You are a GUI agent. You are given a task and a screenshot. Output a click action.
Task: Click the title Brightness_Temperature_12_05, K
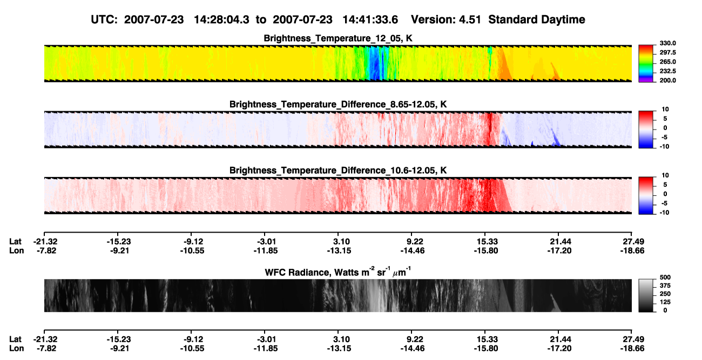pyautogui.click(x=338, y=38)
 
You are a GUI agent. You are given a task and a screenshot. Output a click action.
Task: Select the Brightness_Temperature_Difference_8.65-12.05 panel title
pyautogui.click(x=338, y=104)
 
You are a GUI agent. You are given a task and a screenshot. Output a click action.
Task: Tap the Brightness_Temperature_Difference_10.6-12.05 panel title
pyautogui.click(x=338, y=171)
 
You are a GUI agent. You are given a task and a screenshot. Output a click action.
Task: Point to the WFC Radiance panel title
pyautogui.click(x=338, y=271)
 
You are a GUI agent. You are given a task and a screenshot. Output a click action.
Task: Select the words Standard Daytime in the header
pyautogui.click(x=537, y=19)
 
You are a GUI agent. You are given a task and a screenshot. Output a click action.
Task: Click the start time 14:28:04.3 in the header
pyautogui.click(x=221, y=19)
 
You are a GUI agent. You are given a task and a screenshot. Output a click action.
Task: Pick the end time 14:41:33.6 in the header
pyautogui.click(x=370, y=19)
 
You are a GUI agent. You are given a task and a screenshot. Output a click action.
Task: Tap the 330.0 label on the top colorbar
pyautogui.click(x=667, y=43)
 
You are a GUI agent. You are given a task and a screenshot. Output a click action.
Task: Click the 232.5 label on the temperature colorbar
pyautogui.click(x=667, y=71)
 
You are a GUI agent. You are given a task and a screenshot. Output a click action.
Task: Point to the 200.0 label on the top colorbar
pyautogui.click(x=667, y=80)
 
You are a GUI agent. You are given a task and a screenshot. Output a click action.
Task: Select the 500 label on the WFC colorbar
pyautogui.click(x=665, y=277)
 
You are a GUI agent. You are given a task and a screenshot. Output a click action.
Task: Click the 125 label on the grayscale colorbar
pyautogui.click(x=665, y=302)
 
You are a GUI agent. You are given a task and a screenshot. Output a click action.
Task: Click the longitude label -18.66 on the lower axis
pyautogui.click(x=632, y=349)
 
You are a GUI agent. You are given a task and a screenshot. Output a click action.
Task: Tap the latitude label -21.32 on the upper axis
pyautogui.click(x=45, y=242)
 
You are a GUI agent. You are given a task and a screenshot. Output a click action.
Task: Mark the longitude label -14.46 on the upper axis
pyautogui.click(x=413, y=250)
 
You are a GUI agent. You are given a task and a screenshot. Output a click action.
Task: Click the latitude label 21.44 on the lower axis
pyautogui.click(x=561, y=339)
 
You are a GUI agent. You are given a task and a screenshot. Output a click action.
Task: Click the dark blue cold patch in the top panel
pyautogui.click(x=375, y=64)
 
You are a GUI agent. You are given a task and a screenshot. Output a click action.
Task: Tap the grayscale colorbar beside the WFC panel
pyautogui.click(x=646, y=295)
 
